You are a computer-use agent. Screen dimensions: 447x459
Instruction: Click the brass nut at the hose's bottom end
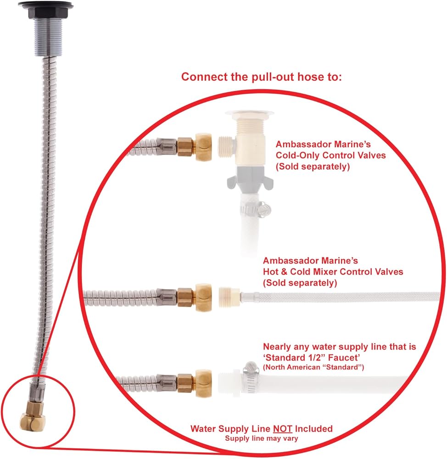[x=32, y=417]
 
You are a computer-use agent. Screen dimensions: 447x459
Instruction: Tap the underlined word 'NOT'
[x=283, y=429]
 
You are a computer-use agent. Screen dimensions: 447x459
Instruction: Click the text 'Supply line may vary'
[x=262, y=438]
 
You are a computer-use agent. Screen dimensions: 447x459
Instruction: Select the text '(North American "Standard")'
[x=313, y=367]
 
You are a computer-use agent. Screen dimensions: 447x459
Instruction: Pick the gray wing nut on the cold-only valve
[x=250, y=179]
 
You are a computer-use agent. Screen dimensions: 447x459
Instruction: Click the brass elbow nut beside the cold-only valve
[x=203, y=146]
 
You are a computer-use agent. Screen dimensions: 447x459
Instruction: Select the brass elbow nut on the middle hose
[x=203, y=297]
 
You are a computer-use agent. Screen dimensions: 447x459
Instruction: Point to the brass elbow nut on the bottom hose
[x=203, y=383]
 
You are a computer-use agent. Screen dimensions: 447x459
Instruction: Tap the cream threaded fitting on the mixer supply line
[x=229, y=297]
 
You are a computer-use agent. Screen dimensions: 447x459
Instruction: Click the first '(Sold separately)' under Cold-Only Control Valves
[x=313, y=166]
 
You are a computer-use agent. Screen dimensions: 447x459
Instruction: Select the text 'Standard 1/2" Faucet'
[x=311, y=358]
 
